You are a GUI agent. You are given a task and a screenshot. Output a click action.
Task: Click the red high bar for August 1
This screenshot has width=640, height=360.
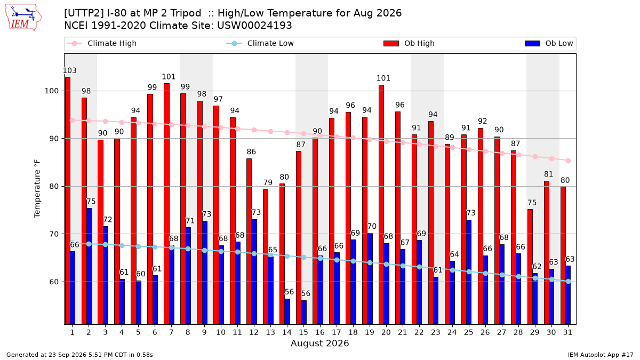[68, 201]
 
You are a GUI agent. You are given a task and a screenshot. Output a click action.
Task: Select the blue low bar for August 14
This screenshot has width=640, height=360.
[287, 311]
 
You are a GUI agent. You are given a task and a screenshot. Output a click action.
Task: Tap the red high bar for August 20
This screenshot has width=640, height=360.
[381, 205]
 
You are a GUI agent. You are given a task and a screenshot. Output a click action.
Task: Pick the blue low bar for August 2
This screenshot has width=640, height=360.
[89, 266]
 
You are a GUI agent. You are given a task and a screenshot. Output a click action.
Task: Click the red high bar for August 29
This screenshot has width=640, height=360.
[530, 267]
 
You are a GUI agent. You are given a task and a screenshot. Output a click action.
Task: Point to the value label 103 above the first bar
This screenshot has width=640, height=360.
[69, 70]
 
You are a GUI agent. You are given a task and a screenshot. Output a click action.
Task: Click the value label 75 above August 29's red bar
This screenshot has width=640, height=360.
[532, 203]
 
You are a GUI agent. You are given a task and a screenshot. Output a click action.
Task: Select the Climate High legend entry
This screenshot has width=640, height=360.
[102, 43]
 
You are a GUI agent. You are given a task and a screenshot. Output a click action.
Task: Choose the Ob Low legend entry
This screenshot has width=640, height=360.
[549, 43]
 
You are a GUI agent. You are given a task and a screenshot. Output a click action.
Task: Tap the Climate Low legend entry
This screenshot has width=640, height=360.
[260, 43]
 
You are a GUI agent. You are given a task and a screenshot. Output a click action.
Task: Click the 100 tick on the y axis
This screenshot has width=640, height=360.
[51, 91]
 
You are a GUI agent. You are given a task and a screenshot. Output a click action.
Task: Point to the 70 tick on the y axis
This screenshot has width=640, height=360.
[54, 234]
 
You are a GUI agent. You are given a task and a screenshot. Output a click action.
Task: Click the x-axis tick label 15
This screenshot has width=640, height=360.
[303, 332]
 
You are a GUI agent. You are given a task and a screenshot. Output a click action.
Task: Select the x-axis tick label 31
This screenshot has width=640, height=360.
[567, 332]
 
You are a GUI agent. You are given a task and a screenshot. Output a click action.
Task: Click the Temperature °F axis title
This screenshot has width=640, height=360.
[37, 189]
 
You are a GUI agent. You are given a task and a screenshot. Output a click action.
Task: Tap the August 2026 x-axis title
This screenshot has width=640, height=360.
[319, 343]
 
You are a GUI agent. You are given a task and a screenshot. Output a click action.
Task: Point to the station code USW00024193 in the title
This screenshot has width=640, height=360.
[254, 26]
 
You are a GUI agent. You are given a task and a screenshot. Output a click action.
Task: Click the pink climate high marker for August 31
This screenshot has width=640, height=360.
[569, 161]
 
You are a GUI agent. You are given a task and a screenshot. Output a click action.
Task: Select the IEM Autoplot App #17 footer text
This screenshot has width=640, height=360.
[601, 355]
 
